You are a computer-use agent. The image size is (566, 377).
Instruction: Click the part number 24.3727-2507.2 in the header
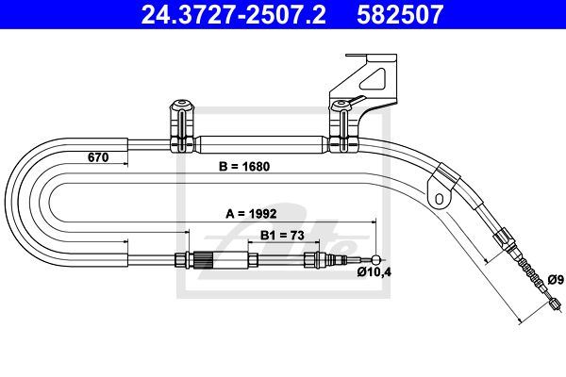click(234, 14)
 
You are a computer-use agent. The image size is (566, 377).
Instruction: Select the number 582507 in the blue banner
click(400, 14)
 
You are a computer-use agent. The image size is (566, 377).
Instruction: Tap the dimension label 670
click(98, 157)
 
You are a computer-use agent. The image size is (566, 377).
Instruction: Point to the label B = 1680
click(244, 166)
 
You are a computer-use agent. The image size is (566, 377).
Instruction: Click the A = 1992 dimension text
click(251, 214)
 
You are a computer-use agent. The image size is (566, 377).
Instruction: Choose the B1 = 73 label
click(282, 236)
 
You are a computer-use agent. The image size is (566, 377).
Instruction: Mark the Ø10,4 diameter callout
click(375, 272)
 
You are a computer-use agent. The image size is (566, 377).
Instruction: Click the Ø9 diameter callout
click(556, 279)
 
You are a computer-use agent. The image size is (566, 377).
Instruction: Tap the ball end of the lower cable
click(375, 259)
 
